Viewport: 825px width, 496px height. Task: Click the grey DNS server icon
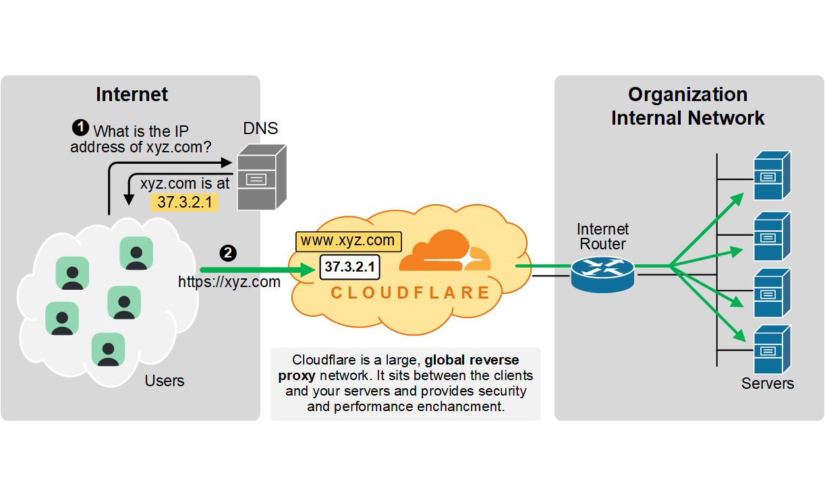[x=260, y=177]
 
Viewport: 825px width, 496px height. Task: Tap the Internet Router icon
[x=602, y=271]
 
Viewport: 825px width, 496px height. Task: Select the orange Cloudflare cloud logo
[x=445, y=252]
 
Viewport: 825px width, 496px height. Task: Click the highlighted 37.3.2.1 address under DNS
[x=184, y=201]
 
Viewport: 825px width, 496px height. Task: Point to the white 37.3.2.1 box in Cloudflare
[x=349, y=267]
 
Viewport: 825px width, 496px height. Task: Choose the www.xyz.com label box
[x=347, y=241]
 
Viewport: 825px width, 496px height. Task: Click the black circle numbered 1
[x=80, y=127]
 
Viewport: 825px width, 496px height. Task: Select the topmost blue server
[x=771, y=176]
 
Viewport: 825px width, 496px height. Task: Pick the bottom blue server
[x=771, y=350]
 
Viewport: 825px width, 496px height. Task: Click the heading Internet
[x=132, y=94]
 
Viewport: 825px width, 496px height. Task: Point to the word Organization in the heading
[x=687, y=94]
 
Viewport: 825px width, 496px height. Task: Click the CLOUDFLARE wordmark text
[x=410, y=293]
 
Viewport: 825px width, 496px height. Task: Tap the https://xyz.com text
[x=229, y=282]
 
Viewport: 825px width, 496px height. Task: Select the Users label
[x=165, y=381]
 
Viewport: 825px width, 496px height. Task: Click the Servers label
[x=767, y=383]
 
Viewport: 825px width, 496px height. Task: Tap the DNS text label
[x=260, y=128]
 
